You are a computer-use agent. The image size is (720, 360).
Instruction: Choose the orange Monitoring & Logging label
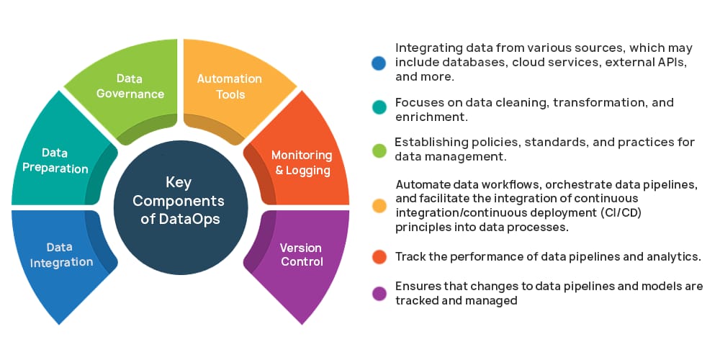pos(301,163)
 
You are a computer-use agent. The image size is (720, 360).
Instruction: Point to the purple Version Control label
pos(302,254)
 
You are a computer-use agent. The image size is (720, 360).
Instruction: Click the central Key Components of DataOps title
pos(179,201)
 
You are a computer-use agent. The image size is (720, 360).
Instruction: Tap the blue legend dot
pos(379,63)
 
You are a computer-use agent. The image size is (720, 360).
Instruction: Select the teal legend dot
pos(379,108)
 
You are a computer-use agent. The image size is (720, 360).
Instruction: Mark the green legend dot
pos(379,149)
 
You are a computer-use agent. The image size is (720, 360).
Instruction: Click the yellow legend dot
pos(379,205)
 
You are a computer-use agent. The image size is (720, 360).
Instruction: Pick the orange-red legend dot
pos(379,257)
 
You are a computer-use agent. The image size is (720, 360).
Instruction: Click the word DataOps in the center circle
pos(190,217)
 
